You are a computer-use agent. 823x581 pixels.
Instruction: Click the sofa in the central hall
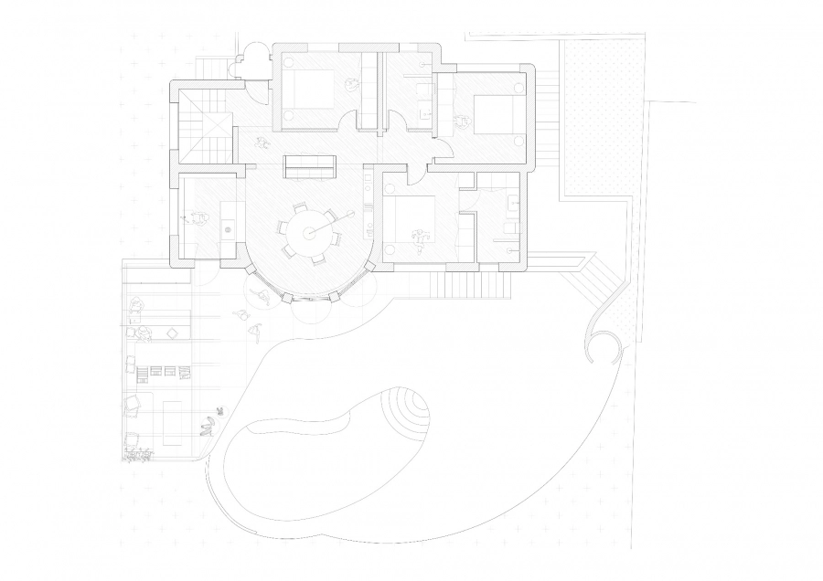[309, 167]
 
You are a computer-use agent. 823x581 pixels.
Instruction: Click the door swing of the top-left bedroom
[349, 123]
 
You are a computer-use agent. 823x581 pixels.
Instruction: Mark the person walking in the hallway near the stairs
[262, 143]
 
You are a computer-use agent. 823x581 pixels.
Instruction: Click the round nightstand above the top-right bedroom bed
[519, 89]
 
